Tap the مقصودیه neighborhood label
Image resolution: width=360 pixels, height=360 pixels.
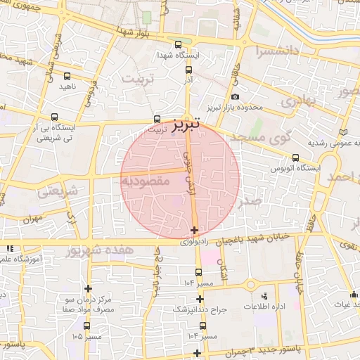(146, 181)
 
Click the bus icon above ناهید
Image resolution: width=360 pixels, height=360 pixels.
(67, 76)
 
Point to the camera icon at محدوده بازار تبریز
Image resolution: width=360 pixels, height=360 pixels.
(234, 97)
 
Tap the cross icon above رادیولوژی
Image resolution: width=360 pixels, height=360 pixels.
(194, 230)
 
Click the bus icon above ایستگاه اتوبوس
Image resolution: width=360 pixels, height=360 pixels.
(295, 157)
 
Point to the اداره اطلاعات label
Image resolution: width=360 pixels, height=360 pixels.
(264, 308)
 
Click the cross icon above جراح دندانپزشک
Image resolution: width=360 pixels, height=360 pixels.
(200, 299)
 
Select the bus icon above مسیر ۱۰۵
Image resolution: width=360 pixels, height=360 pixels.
(86, 326)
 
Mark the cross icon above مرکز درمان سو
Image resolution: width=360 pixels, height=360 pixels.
(88, 288)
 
